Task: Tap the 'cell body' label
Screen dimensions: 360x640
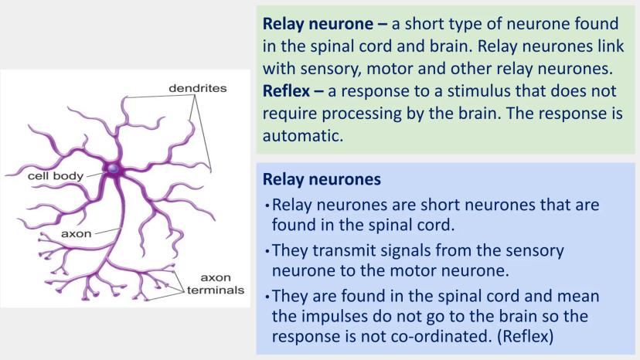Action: (x=53, y=175)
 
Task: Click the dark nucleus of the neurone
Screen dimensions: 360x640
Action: (x=114, y=168)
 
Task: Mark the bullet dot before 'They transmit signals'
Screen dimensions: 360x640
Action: (x=266, y=252)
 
